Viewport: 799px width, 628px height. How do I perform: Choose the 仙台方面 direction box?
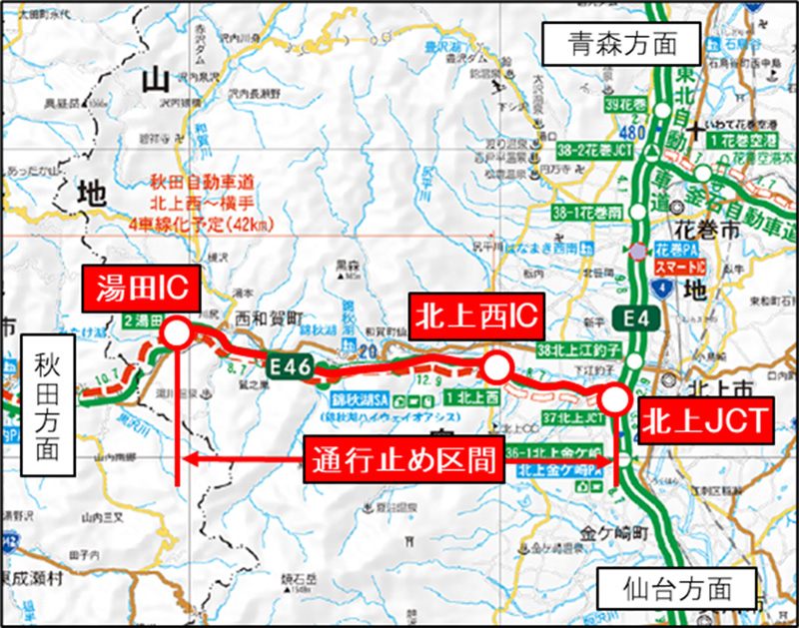[671, 586]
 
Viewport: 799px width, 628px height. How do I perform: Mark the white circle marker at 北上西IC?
[493, 368]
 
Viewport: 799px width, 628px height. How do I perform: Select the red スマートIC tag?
[681, 270]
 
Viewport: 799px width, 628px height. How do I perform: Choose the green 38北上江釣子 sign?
[579, 349]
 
